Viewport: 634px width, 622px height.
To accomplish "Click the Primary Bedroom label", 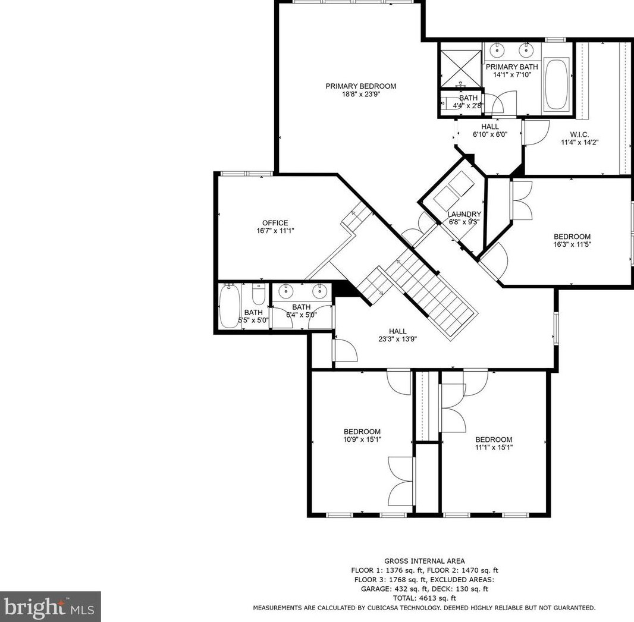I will click(x=360, y=86).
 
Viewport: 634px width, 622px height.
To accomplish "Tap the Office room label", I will click(x=275, y=223).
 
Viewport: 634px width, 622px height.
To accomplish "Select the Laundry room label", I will click(x=464, y=214).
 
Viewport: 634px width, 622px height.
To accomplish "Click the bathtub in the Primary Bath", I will click(x=556, y=84).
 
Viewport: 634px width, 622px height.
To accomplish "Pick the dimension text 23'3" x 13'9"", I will click(x=397, y=340).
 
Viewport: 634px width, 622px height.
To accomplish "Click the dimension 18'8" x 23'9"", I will click(x=360, y=94).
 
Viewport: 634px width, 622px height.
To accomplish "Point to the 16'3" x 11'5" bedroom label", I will click(x=572, y=236).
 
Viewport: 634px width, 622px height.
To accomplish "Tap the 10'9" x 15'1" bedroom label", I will click(x=362, y=432).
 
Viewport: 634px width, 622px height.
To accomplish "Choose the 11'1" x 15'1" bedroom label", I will click(x=494, y=439).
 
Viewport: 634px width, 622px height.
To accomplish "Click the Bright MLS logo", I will click(x=50, y=607).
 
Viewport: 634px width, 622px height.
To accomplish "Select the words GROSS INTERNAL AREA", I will click(x=424, y=561).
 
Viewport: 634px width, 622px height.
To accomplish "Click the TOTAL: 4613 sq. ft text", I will click(x=424, y=598).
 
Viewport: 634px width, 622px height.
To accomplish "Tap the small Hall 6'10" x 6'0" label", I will click(x=490, y=127).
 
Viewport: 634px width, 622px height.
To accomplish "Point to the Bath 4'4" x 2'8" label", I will click(x=468, y=98).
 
